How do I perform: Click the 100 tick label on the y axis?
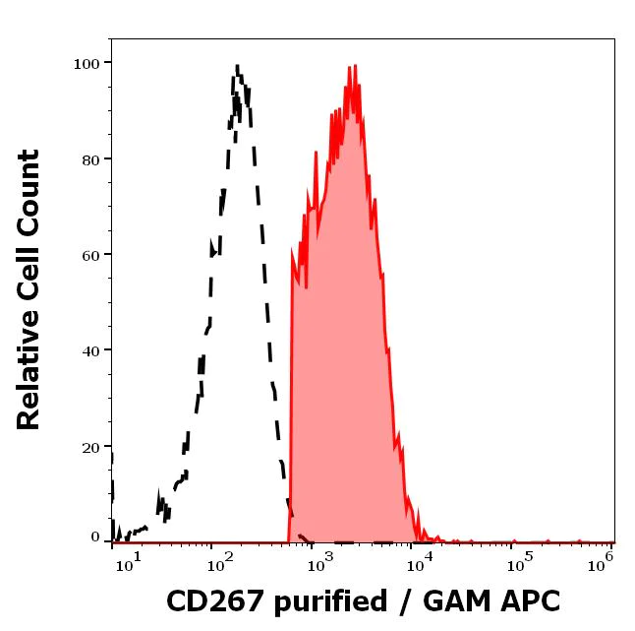tap(87, 64)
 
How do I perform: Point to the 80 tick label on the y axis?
tap(90, 159)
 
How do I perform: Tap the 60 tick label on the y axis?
tap(90, 255)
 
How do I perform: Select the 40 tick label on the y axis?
tap(90, 350)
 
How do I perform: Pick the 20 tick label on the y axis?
tap(90, 447)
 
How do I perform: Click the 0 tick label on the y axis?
tap(95, 537)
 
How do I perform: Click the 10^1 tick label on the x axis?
tap(130, 562)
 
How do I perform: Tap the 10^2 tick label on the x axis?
tap(219, 562)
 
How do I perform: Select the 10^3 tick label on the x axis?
tap(320, 562)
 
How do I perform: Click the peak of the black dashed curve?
tap(237, 66)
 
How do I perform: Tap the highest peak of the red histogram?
tap(351, 67)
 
